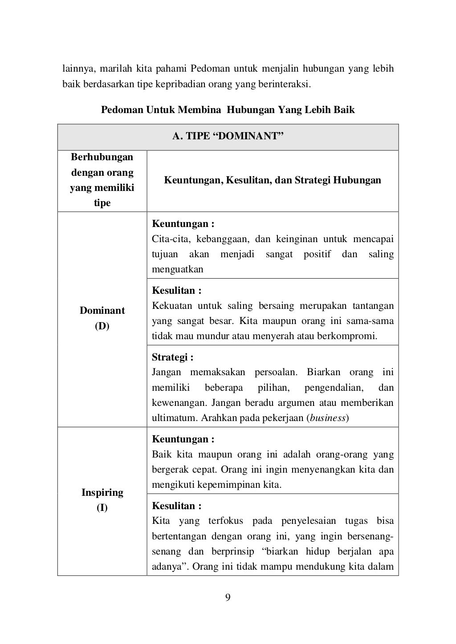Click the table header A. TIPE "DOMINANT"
(x=228, y=137)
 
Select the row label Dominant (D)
(x=102, y=318)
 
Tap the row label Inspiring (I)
(x=102, y=500)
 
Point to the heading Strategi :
(x=172, y=357)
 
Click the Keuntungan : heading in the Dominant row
(x=183, y=224)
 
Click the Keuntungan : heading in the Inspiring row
(x=183, y=439)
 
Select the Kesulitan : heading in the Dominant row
(x=177, y=291)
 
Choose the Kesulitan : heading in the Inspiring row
(x=177, y=506)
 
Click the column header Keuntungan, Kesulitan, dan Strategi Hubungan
(x=273, y=180)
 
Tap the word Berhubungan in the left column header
(x=102, y=157)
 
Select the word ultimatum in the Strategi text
(x=175, y=418)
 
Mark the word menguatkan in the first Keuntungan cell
(x=177, y=269)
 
